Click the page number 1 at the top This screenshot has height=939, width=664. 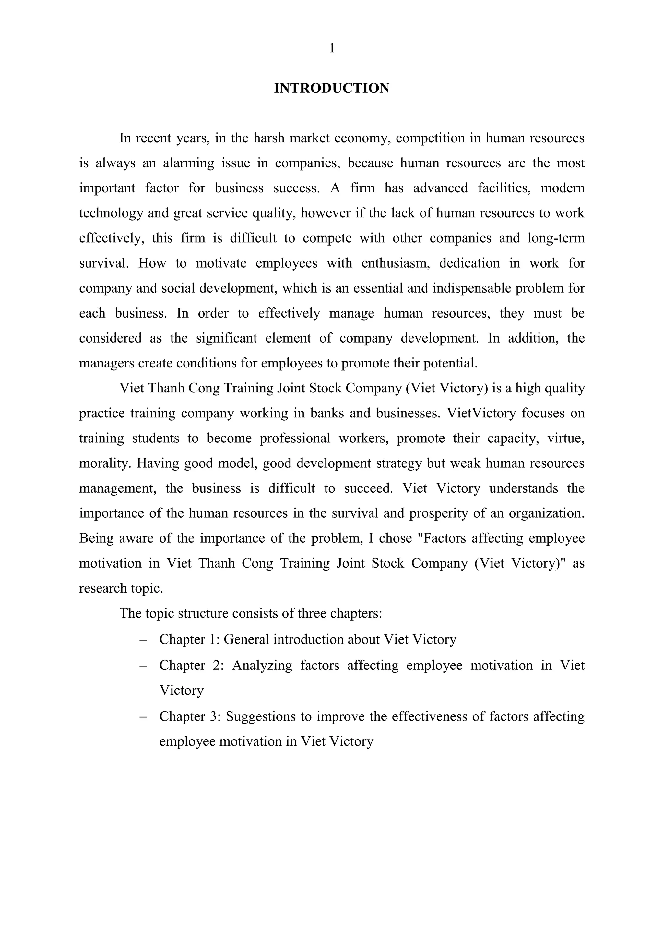point(332,48)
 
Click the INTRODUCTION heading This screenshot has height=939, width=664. point(332,88)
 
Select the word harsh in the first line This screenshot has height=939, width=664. point(269,138)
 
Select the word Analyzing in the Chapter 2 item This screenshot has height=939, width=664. point(262,665)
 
